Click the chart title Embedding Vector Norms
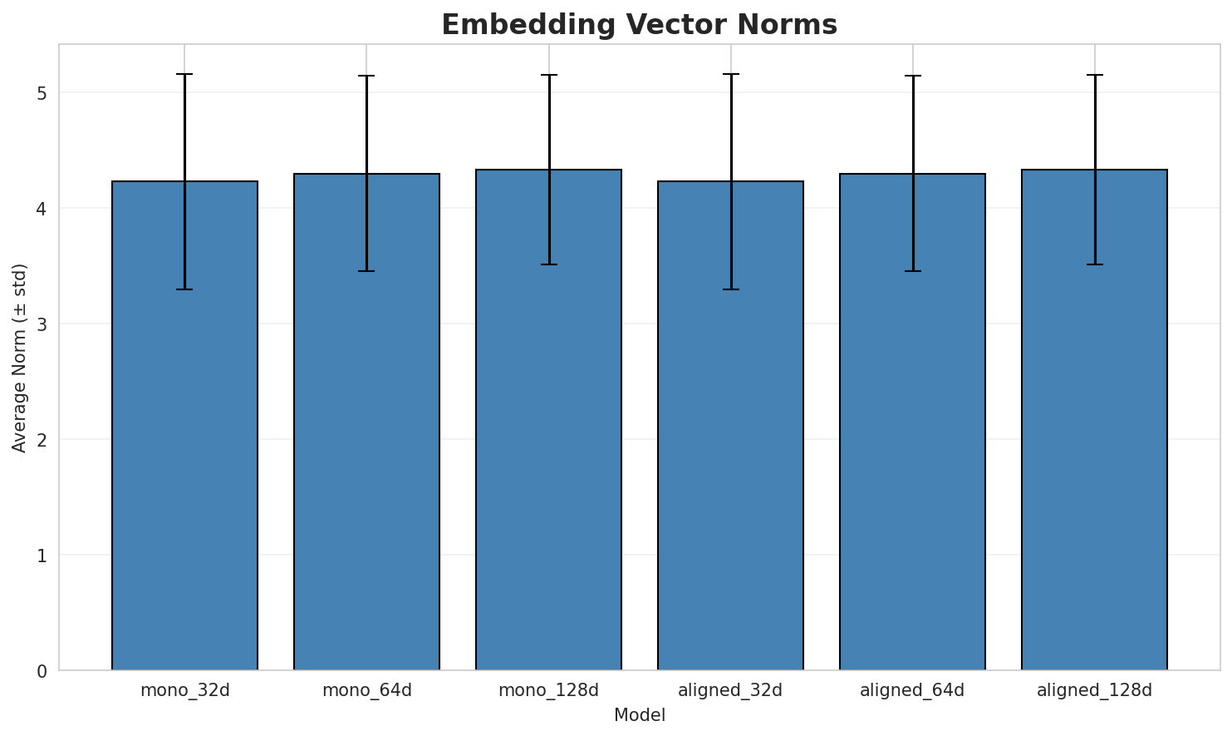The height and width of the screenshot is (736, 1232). click(639, 25)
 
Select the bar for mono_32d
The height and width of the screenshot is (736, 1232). click(184, 432)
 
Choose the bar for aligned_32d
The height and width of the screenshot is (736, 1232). click(730, 432)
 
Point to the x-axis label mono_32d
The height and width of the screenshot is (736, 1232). click(184, 690)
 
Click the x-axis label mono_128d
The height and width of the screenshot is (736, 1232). click(548, 690)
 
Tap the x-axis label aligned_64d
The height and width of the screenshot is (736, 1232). click(912, 690)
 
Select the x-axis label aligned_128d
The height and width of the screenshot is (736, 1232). click(1094, 690)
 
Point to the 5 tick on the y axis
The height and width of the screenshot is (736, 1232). click(42, 93)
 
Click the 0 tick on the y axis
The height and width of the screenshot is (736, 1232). click(42, 670)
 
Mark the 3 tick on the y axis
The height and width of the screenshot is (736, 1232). click(42, 324)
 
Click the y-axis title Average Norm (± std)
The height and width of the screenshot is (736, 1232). click(20, 358)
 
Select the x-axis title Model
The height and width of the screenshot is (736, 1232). click(639, 715)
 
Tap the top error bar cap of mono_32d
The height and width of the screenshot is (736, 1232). click(184, 74)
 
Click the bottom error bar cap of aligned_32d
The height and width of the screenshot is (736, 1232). click(730, 289)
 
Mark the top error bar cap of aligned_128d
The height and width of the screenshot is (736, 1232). click(1094, 75)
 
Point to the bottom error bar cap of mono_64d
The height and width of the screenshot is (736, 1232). click(366, 271)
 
